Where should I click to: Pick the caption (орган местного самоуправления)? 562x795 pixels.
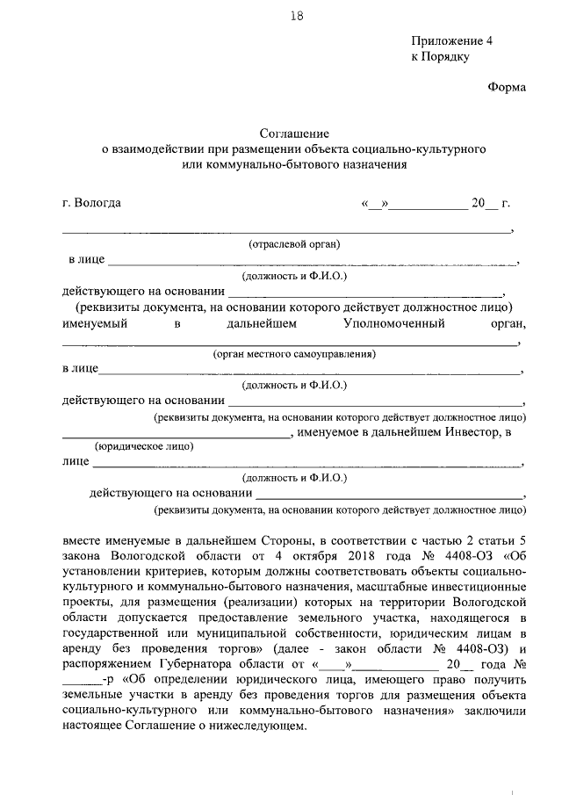[294, 354]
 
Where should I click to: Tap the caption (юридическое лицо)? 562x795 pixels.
[144, 445]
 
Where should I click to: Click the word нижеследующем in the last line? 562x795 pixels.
[261, 726]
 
